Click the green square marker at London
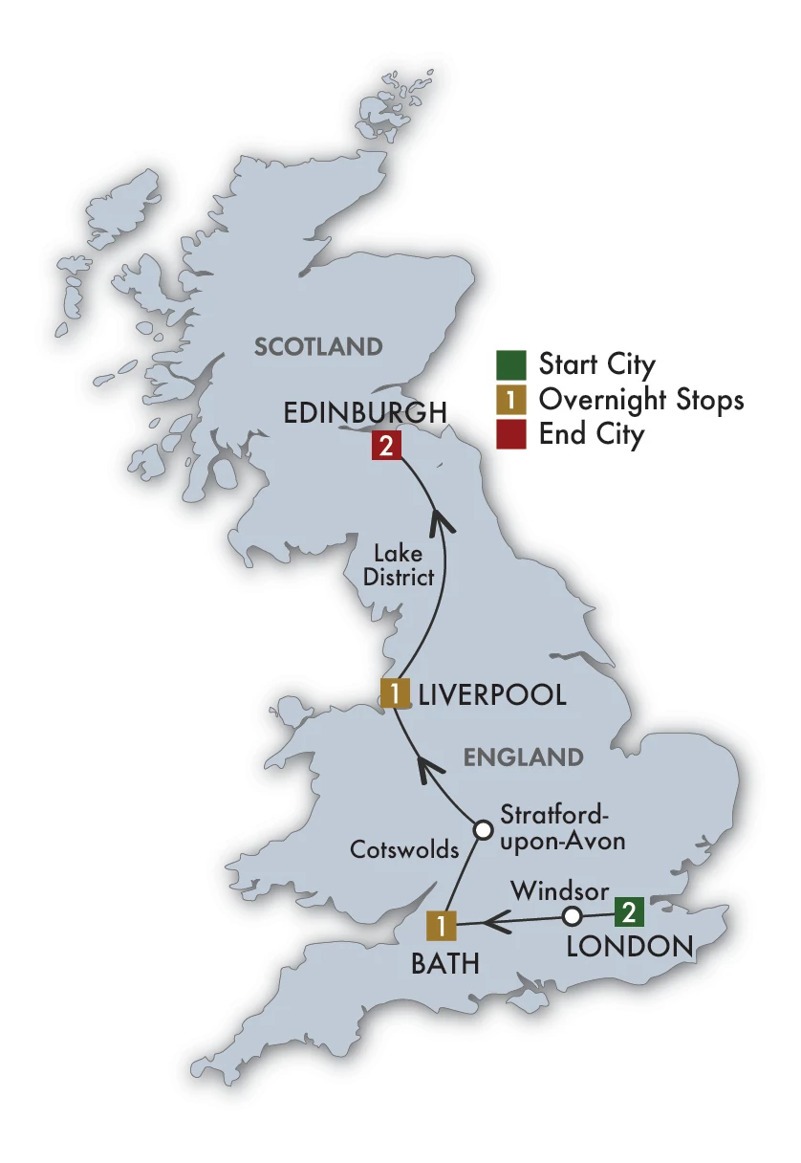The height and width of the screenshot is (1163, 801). pos(628,911)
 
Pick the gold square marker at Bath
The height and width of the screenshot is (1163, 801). pos(442,925)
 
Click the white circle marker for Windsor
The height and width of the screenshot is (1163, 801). pos(572,916)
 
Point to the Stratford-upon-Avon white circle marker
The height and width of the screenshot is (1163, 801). pos(485,828)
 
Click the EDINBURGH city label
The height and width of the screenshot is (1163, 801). pos(364,412)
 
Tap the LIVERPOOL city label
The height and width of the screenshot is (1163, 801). pos(492,694)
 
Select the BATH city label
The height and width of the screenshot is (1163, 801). pos(444,964)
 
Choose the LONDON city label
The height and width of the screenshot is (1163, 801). pos(629,947)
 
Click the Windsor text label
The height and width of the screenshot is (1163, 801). pos(559,890)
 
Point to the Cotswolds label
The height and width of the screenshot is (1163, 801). pos(404,849)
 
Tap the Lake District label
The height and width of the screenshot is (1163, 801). pos(404,565)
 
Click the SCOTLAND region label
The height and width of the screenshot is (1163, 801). pos(318,346)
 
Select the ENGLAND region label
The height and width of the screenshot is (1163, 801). pos(524,757)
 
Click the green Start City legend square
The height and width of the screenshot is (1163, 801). pos(510,365)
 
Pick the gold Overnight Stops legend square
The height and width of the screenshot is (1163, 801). pos(510,400)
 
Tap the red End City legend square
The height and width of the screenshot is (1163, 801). pos(510,434)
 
